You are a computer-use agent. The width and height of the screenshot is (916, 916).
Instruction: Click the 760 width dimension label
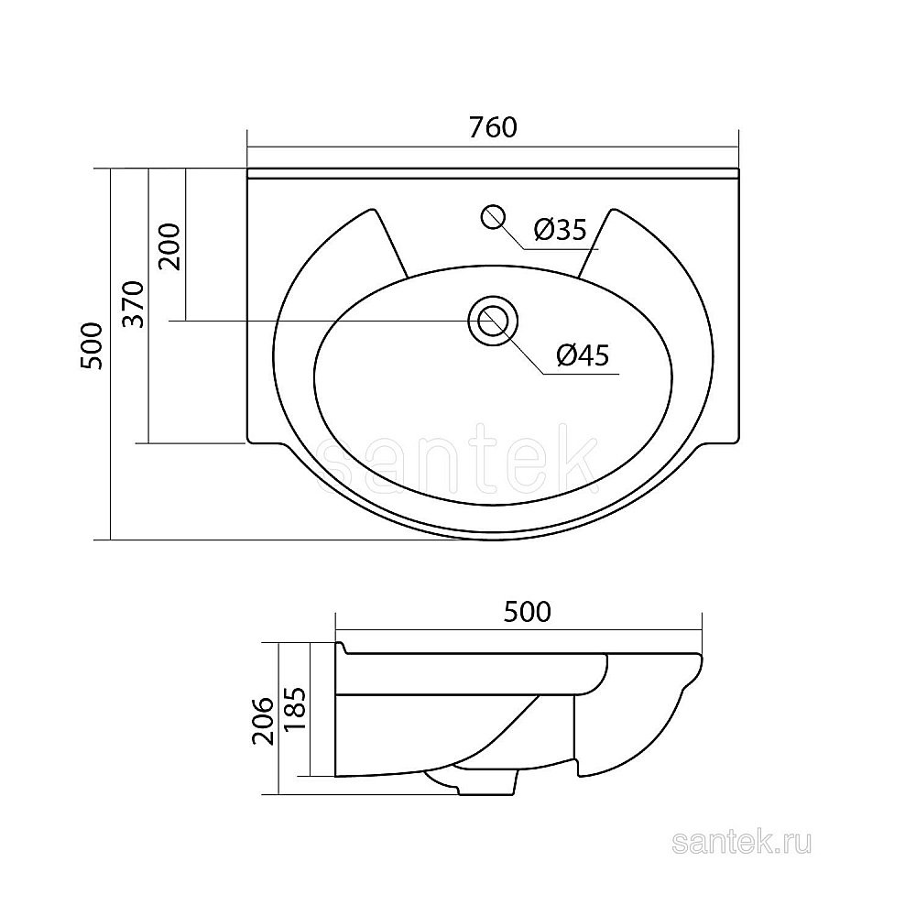coord(493,128)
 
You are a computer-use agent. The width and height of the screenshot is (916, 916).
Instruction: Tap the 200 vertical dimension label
coord(170,245)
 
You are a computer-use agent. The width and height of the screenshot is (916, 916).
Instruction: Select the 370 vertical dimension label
coord(135,304)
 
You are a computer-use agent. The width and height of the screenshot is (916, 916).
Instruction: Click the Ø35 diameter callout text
coord(560,230)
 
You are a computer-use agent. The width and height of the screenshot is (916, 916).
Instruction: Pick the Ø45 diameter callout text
coord(583,354)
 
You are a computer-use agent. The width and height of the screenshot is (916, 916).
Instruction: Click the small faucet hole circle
coord(493,217)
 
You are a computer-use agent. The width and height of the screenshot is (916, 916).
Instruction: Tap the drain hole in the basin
coord(493,322)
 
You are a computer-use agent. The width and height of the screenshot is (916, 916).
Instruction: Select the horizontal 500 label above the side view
coord(527,612)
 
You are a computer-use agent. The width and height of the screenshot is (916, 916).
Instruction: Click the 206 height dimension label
coord(263,720)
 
